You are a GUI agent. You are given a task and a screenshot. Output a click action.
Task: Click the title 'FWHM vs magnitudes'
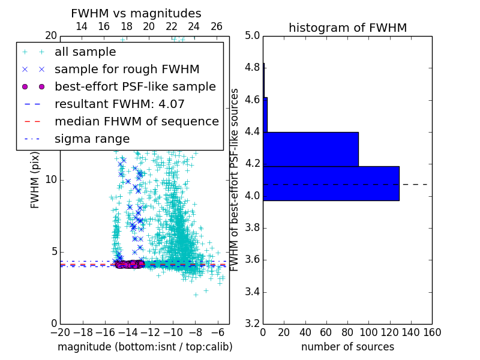[x=136, y=13]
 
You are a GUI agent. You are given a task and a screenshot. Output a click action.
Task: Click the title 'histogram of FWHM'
[x=347, y=28]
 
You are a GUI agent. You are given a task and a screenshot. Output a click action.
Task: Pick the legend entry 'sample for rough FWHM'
[x=127, y=70]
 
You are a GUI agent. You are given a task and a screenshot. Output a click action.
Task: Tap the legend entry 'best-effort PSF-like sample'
[x=135, y=87]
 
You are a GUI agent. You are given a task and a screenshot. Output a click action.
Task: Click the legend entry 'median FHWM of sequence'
[x=136, y=122]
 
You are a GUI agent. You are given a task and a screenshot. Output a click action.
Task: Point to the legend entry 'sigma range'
[x=92, y=139]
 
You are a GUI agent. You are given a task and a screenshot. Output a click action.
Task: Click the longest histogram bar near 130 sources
[x=331, y=183]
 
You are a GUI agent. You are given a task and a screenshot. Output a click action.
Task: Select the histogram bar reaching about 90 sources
[x=310, y=149]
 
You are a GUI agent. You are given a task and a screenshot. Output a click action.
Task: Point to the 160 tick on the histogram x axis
[x=432, y=332]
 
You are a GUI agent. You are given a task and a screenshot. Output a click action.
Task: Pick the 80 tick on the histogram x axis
[x=347, y=332]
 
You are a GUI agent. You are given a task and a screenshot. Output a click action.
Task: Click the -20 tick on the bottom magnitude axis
[x=60, y=332]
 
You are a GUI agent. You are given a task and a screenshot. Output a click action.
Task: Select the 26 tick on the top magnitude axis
[x=217, y=26]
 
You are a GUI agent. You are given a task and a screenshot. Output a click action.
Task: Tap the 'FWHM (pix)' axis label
[x=35, y=179]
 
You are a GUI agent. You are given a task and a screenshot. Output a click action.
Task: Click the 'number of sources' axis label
[x=347, y=347]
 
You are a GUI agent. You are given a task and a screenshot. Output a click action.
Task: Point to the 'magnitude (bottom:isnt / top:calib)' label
[x=145, y=347]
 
